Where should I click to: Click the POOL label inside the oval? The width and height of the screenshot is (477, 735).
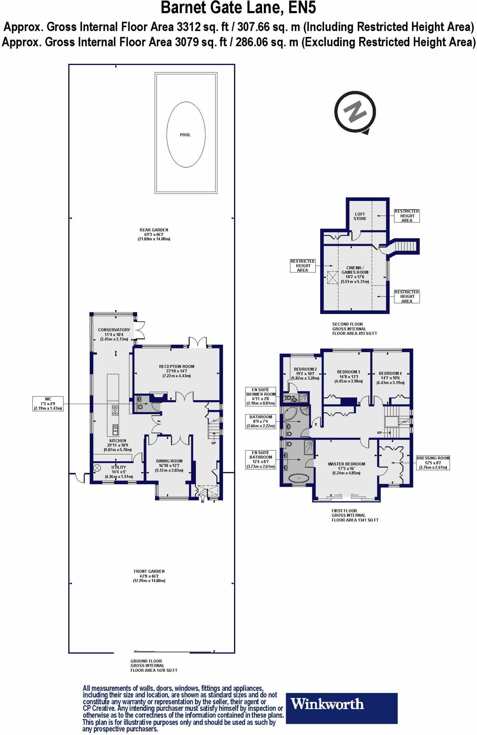click(x=185, y=135)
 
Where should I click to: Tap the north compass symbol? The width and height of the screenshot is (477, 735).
click(x=355, y=112)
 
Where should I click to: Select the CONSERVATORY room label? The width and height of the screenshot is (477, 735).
click(x=114, y=330)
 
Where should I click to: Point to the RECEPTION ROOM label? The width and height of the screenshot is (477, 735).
click(x=177, y=367)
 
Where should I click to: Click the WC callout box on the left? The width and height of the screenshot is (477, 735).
click(x=48, y=404)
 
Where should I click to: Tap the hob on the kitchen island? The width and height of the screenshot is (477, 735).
click(x=115, y=410)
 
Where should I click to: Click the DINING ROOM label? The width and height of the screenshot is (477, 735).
click(x=169, y=461)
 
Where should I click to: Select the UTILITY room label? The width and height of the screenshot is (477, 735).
click(x=118, y=467)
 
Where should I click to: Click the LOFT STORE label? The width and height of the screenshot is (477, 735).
click(x=360, y=216)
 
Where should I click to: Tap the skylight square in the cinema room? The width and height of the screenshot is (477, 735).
click(x=332, y=277)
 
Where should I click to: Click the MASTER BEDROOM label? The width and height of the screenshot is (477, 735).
click(x=346, y=464)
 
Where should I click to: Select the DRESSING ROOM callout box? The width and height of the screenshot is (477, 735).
click(x=433, y=463)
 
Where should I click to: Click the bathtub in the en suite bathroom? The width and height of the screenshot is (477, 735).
click(x=299, y=479)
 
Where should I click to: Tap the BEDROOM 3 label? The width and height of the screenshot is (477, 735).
click(x=349, y=372)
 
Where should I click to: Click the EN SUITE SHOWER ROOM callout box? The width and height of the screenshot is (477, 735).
click(x=261, y=396)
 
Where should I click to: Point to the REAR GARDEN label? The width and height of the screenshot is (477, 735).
click(x=154, y=230)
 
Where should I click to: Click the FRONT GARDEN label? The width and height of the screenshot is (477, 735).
click(x=149, y=571)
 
